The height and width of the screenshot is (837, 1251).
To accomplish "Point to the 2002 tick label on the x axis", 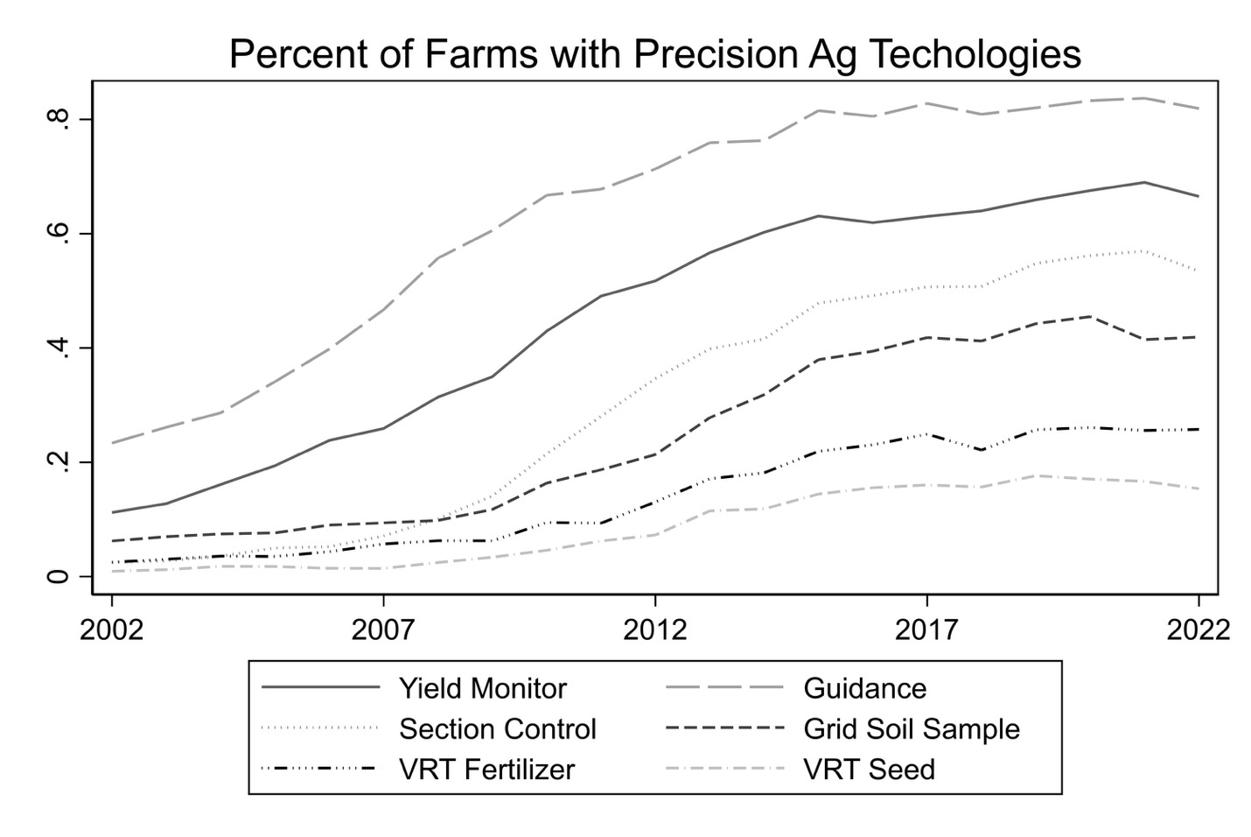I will [x=112, y=630].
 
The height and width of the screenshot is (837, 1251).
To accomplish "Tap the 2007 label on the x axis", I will [x=383, y=630].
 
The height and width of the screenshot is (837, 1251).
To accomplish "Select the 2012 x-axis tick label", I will [x=654, y=630].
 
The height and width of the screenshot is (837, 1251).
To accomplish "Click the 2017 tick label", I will [x=926, y=630].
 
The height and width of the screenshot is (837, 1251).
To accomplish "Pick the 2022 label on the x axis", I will [x=1198, y=630].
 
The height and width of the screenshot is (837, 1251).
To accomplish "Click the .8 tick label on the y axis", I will [x=59, y=119].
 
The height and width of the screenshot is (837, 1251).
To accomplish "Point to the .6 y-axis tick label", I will [x=59, y=234].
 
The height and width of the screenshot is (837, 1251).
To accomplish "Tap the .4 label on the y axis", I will [x=59, y=348].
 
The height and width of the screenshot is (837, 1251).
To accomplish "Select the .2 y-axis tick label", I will [x=59, y=462].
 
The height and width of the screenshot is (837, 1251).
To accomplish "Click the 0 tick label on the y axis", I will [x=59, y=576].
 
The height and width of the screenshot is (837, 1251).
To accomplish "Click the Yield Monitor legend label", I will [x=483, y=688].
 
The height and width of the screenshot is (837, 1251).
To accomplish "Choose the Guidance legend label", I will [x=864, y=688].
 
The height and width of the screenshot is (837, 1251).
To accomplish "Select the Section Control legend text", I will [x=498, y=728].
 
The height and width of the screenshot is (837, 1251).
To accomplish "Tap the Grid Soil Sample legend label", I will [x=912, y=728].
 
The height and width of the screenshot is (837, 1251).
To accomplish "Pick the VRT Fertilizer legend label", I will [x=487, y=769].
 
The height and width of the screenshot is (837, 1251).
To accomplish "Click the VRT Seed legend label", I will [x=869, y=769].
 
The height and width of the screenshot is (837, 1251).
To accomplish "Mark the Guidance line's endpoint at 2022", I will [x=1198, y=109].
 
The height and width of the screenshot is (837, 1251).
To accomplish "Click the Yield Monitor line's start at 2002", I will [x=113, y=512].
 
